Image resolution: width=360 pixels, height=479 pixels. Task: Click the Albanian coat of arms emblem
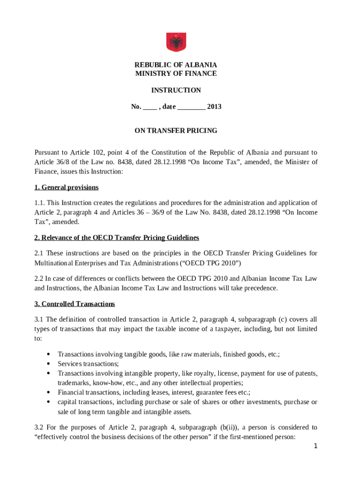tap(176, 42)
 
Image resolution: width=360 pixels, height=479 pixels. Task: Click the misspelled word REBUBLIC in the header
tap(152, 65)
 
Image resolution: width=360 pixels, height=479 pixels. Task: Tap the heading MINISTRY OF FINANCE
tap(176, 73)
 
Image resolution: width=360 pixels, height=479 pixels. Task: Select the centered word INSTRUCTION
tap(176, 90)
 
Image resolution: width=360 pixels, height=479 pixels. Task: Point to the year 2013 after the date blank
tap(214, 107)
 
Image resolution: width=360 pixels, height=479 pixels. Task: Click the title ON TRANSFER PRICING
tap(176, 131)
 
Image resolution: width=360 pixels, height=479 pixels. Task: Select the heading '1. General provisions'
tap(66, 188)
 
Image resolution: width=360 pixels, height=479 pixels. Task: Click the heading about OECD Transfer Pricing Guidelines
tap(116, 238)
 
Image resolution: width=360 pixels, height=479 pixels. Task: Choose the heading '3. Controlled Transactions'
tap(74, 304)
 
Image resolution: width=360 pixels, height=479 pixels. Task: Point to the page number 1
tap(316, 446)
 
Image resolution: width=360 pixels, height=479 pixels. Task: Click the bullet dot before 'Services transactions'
tap(49, 364)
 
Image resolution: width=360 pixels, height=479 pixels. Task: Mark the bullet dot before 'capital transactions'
tap(49, 402)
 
